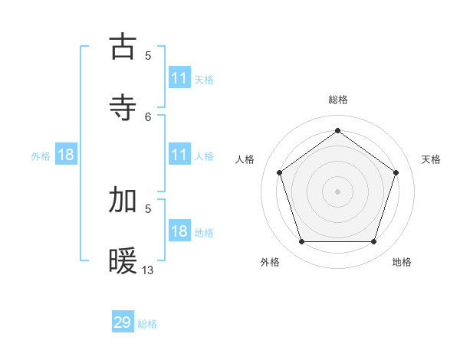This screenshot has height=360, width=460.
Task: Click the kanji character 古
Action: [123, 47]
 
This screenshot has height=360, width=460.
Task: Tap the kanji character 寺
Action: [123, 107]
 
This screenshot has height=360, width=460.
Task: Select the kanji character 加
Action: [123, 200]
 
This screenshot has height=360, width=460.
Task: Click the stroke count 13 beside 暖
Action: [148, 270]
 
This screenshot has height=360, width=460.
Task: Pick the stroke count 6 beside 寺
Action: [148, 116]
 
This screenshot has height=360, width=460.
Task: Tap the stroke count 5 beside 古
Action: [148, 55]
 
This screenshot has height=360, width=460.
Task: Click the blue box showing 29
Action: [123, 322]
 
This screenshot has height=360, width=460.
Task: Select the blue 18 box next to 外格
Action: [66, 155]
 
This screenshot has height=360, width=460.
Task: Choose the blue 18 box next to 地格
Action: [179, 231]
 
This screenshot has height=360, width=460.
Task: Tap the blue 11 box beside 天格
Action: [179, 78]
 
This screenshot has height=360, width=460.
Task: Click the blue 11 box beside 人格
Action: [179, 155]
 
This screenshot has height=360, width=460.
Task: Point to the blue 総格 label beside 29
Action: [147, 324]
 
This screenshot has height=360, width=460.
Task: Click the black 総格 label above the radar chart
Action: [337, 100]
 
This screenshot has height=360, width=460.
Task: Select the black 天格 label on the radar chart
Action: [431, 159]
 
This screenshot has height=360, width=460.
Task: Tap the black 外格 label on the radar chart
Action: [270, 262]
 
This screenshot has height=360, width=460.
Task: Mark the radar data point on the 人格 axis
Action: [279, 172]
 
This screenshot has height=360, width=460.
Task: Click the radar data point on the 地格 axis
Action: [373, 242]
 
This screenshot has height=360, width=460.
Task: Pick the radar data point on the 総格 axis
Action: [337, 130]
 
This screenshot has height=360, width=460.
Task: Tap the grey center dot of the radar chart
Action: [337, 191]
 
